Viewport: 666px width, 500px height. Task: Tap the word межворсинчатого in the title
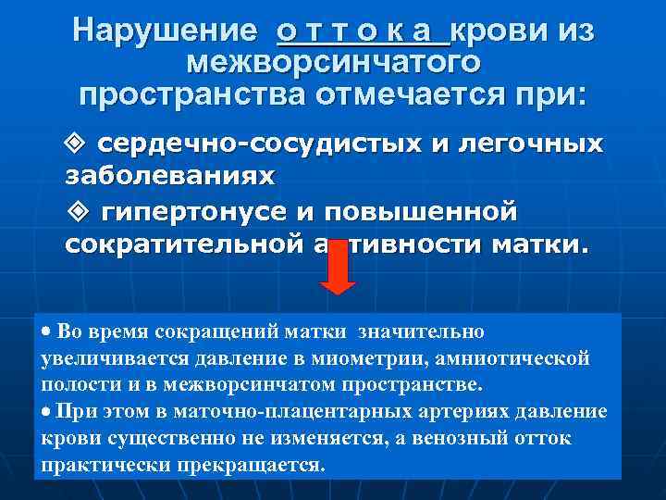333,63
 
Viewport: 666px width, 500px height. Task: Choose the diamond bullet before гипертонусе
78,212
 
